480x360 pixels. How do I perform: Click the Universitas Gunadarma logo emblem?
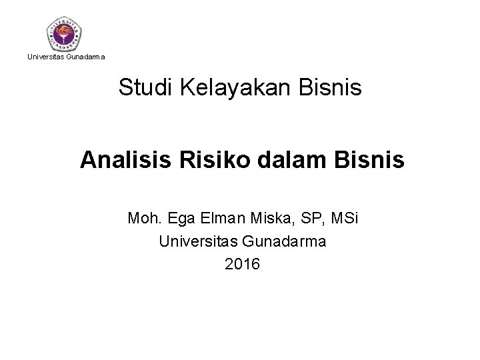[x=65, y=32]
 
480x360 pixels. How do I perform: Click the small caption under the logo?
[x=65, y=57]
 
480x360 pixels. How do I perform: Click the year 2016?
[x=243, y=265]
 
